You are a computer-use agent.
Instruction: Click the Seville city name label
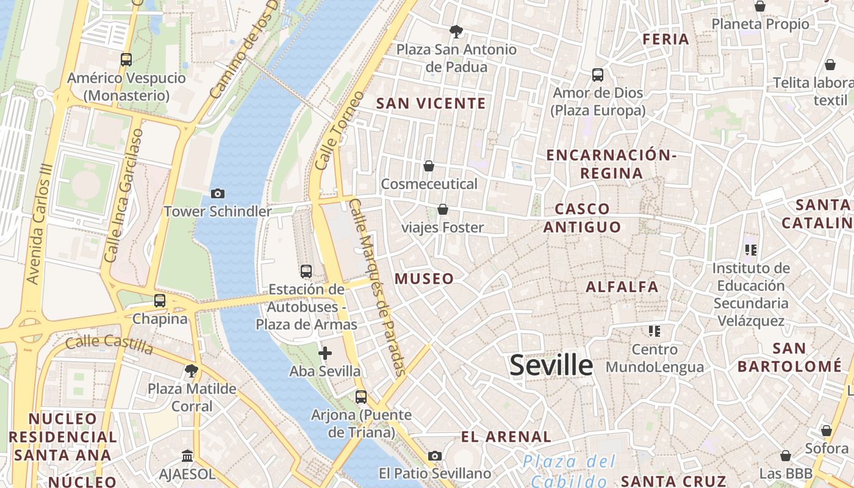tap(551, 365)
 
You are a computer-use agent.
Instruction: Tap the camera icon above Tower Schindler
tap(217, 194)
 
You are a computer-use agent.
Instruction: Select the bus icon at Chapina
tap(160, 301)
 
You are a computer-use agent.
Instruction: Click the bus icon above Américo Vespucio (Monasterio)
tap(126, 60)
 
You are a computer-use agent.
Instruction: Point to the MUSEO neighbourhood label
tap(424, 279)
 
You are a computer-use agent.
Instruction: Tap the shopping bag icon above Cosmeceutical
tap(429, 166)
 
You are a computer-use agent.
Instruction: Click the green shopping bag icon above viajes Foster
tap(443, 210)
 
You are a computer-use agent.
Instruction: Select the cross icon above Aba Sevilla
tap(325, 353)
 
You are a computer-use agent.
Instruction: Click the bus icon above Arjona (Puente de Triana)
tap(361, 397)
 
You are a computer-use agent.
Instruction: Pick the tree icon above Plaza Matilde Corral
tap(192, 370)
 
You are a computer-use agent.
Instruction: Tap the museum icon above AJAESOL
tap(187, 456)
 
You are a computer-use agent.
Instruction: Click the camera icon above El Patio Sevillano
tap(435, 456)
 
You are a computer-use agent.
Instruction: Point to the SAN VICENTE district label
tap(431, 103)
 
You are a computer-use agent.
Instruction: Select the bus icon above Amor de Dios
tap(598, 75)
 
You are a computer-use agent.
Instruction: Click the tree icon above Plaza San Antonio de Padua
tap(456, 31)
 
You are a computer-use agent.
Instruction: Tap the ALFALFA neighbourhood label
tap(622, 286)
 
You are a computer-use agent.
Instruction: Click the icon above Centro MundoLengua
tap(655, 331)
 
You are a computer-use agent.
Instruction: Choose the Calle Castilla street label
tap(109, 344)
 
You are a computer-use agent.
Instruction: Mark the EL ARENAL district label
tap(506, 437)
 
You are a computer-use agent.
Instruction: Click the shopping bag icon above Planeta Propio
tap(760, 7)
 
